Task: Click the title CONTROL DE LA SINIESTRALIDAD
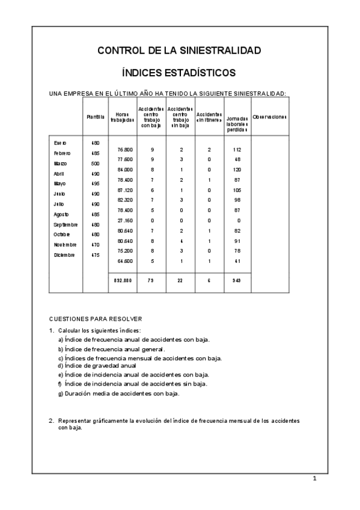click(x=179, y=51)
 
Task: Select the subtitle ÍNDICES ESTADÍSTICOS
click(x=179, y=73)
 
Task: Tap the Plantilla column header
click(x=96, y=116)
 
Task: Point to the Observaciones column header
click(x=270, y=116)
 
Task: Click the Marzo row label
click(x=61, y=164)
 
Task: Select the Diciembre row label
click(x=64, y=255)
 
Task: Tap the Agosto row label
click(x=61, y=214)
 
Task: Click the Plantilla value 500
click(x=95, y=164)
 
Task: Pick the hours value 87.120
click(x=125, y=189)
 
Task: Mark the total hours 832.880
click(x=123, y=280)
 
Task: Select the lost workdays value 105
click(x=237, y=189)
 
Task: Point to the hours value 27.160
click(x=125, y=220)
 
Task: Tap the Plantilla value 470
click(x=95, y=245)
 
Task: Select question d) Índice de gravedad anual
click(x=97, y=365)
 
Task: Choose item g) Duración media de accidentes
click(x=119, y=393)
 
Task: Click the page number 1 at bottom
click(x=314, y=479)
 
